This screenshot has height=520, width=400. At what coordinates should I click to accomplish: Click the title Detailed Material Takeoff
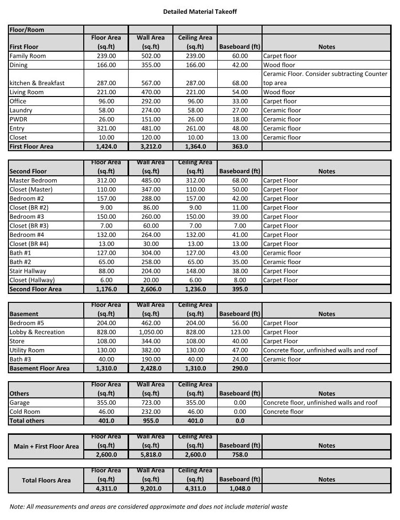pos(200,11)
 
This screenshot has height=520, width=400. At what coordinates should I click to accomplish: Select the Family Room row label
pos(28,56)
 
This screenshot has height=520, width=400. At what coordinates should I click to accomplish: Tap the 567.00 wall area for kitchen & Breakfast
pos(151,83)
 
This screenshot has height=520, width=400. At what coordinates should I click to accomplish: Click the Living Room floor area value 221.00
pos(106,92)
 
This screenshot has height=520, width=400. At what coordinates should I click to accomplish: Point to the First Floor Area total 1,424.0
pos(106,147)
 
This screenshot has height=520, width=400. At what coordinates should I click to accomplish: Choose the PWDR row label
pos(18,119)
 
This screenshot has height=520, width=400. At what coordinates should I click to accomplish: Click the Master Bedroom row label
pos(33,180)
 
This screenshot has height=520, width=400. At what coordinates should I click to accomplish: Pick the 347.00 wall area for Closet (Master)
pos(151,190)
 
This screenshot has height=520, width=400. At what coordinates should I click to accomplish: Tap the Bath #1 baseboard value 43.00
pos(240,253)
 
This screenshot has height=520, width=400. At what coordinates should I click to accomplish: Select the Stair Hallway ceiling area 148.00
pos(195,271)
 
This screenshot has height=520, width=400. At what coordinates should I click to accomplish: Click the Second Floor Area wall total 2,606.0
pos(151,290)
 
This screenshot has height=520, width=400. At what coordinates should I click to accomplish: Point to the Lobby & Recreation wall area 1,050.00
pos(151,332)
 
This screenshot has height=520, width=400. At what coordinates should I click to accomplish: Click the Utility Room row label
pos(27,350)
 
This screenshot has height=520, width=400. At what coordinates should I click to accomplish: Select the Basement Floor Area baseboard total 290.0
pos(240,368)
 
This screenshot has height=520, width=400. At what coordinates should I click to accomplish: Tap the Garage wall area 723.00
pos(151,403)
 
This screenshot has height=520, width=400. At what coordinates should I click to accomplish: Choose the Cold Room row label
pos(25,412)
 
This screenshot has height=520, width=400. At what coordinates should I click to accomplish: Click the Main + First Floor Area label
pos(46,447)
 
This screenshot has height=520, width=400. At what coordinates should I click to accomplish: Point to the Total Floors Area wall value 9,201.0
pos(151,488)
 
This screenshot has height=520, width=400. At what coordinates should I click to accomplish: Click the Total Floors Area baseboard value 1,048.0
pos(240,488)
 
